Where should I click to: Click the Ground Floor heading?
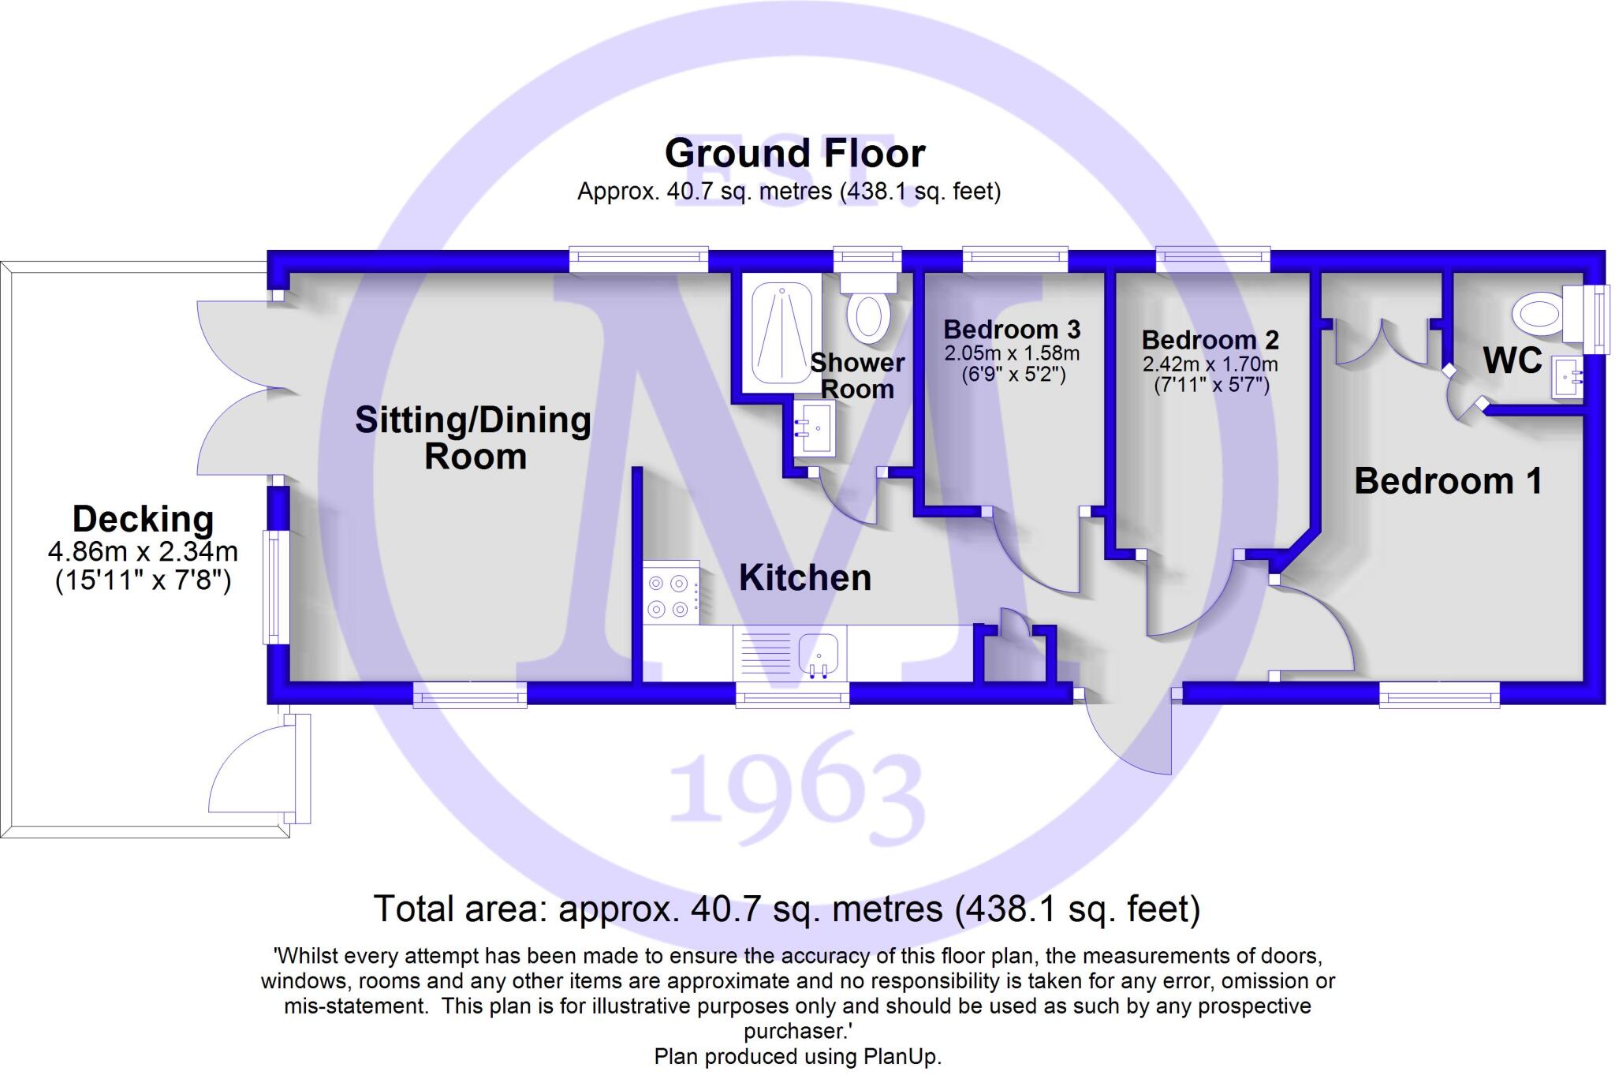[794, 154]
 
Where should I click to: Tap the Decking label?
[143, 520]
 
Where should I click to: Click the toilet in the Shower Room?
[868, 313]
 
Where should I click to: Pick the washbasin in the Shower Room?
[814, 428]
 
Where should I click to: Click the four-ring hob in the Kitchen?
[670, 596]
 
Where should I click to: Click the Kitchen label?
[805, 578]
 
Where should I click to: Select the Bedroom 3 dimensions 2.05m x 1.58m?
[1013, 354]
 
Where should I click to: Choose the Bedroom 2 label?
[1210, 340]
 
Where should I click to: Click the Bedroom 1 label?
[1448, 481]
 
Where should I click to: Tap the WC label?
[1512, 360]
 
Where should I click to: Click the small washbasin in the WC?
[1568, 379]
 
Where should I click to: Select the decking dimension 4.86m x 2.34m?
[143, 551]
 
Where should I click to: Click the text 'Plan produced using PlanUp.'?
[797, 1057]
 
